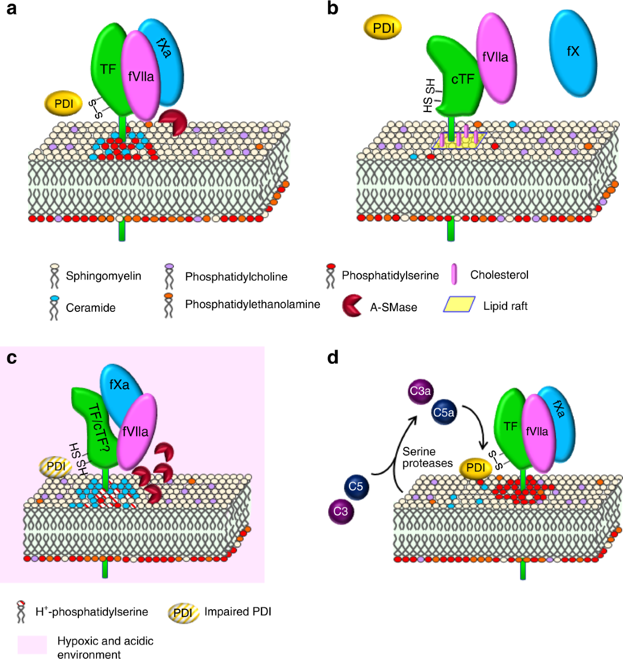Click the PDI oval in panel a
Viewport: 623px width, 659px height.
[x=64, y=103]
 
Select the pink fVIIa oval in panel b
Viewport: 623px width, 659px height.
[x=495, y=57]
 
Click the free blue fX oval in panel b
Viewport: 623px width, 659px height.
[x=573, y=52]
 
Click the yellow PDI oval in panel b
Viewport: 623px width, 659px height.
[x=384, y=28]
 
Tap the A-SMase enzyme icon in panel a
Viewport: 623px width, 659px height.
[x=173, y=122]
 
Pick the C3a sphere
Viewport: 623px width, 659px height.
[x=420, y=391]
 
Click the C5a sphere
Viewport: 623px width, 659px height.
[x=444, y=413]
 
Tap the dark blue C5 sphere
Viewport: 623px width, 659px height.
[x=356, y=487]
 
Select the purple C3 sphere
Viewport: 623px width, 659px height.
[x=341, y=511]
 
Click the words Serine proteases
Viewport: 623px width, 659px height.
[x=427, y=457]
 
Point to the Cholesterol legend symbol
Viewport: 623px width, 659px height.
[x=454, y=274]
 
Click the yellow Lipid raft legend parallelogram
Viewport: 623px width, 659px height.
[x=459, y=305]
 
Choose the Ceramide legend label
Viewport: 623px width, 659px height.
[x=90, y=308]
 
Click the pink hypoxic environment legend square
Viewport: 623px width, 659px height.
[x=32, y=644]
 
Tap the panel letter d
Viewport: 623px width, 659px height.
[x=333, y=357]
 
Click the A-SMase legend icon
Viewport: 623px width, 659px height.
[x=353, y=306]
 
